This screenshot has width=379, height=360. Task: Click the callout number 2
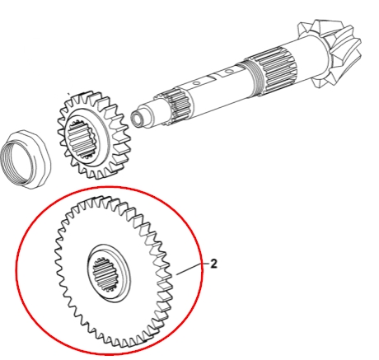click(x=213, y=264)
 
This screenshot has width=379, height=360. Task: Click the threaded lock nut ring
click(x=26, y=159)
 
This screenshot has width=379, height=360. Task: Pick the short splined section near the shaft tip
click(x=179, y=107)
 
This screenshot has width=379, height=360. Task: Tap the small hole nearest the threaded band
click(x=227, y=72)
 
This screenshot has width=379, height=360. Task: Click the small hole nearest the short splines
click(x=197, y=82)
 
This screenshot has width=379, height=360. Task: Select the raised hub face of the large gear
click(x=109, y=274)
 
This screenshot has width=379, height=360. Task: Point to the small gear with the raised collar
click(x=93, y=134)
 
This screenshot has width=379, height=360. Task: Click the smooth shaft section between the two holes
click(x=211, y=77)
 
